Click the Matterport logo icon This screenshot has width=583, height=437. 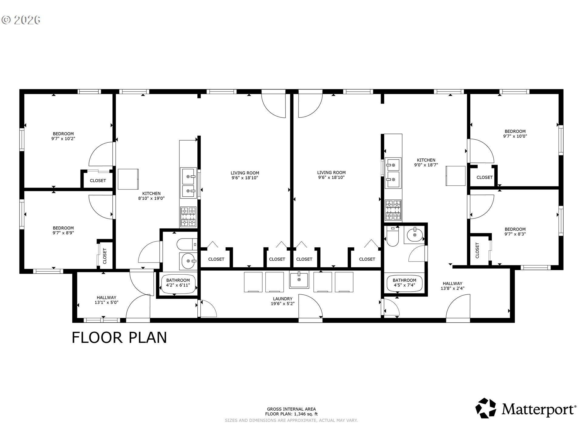point(486,408)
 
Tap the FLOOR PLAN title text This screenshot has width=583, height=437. point(119,337)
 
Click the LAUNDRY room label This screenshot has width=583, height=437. point(282,299)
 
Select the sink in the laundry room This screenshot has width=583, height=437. point(299,279)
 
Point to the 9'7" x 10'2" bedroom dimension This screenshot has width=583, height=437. point(63,139)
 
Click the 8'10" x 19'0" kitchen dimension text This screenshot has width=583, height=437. point(152,198)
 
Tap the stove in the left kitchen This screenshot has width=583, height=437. point(188,217)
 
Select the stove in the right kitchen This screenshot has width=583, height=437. point(393,210)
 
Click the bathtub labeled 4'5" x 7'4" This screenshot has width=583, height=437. point(404,283)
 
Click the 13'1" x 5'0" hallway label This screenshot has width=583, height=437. point(106,302)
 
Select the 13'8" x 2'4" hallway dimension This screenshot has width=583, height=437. point(452,288)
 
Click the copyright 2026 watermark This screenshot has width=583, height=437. point(21,20)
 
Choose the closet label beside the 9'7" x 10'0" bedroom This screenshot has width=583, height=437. point(485,177)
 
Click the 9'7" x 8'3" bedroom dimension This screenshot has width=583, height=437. point(515,234)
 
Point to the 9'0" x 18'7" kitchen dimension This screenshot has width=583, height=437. point(426,165)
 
